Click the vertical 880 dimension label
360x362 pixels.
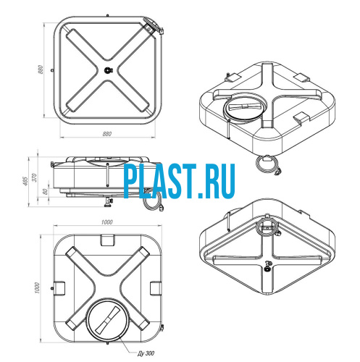pos(41,70)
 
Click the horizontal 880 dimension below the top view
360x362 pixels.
pos(107,134)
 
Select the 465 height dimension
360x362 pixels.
pos(25,181)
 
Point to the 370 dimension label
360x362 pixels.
pos(35,177)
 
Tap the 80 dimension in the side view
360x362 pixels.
pos(45,192)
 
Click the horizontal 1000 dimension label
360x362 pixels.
pos(107,222)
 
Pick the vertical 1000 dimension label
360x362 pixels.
pos(37,287)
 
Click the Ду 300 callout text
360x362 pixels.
pos(146,353)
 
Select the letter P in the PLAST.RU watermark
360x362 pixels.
pos(132,181)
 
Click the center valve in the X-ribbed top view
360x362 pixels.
pos(108,70)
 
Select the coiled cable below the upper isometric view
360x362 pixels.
pos(268,164)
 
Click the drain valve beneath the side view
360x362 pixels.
pos(108,202)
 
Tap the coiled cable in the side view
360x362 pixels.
pos(154,201)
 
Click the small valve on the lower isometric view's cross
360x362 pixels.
pos(267,266)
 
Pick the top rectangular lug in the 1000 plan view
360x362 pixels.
pos(108,240)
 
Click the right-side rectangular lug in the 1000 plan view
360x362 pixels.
pos(156,288)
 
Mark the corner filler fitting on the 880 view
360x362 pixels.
pos(153,26)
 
